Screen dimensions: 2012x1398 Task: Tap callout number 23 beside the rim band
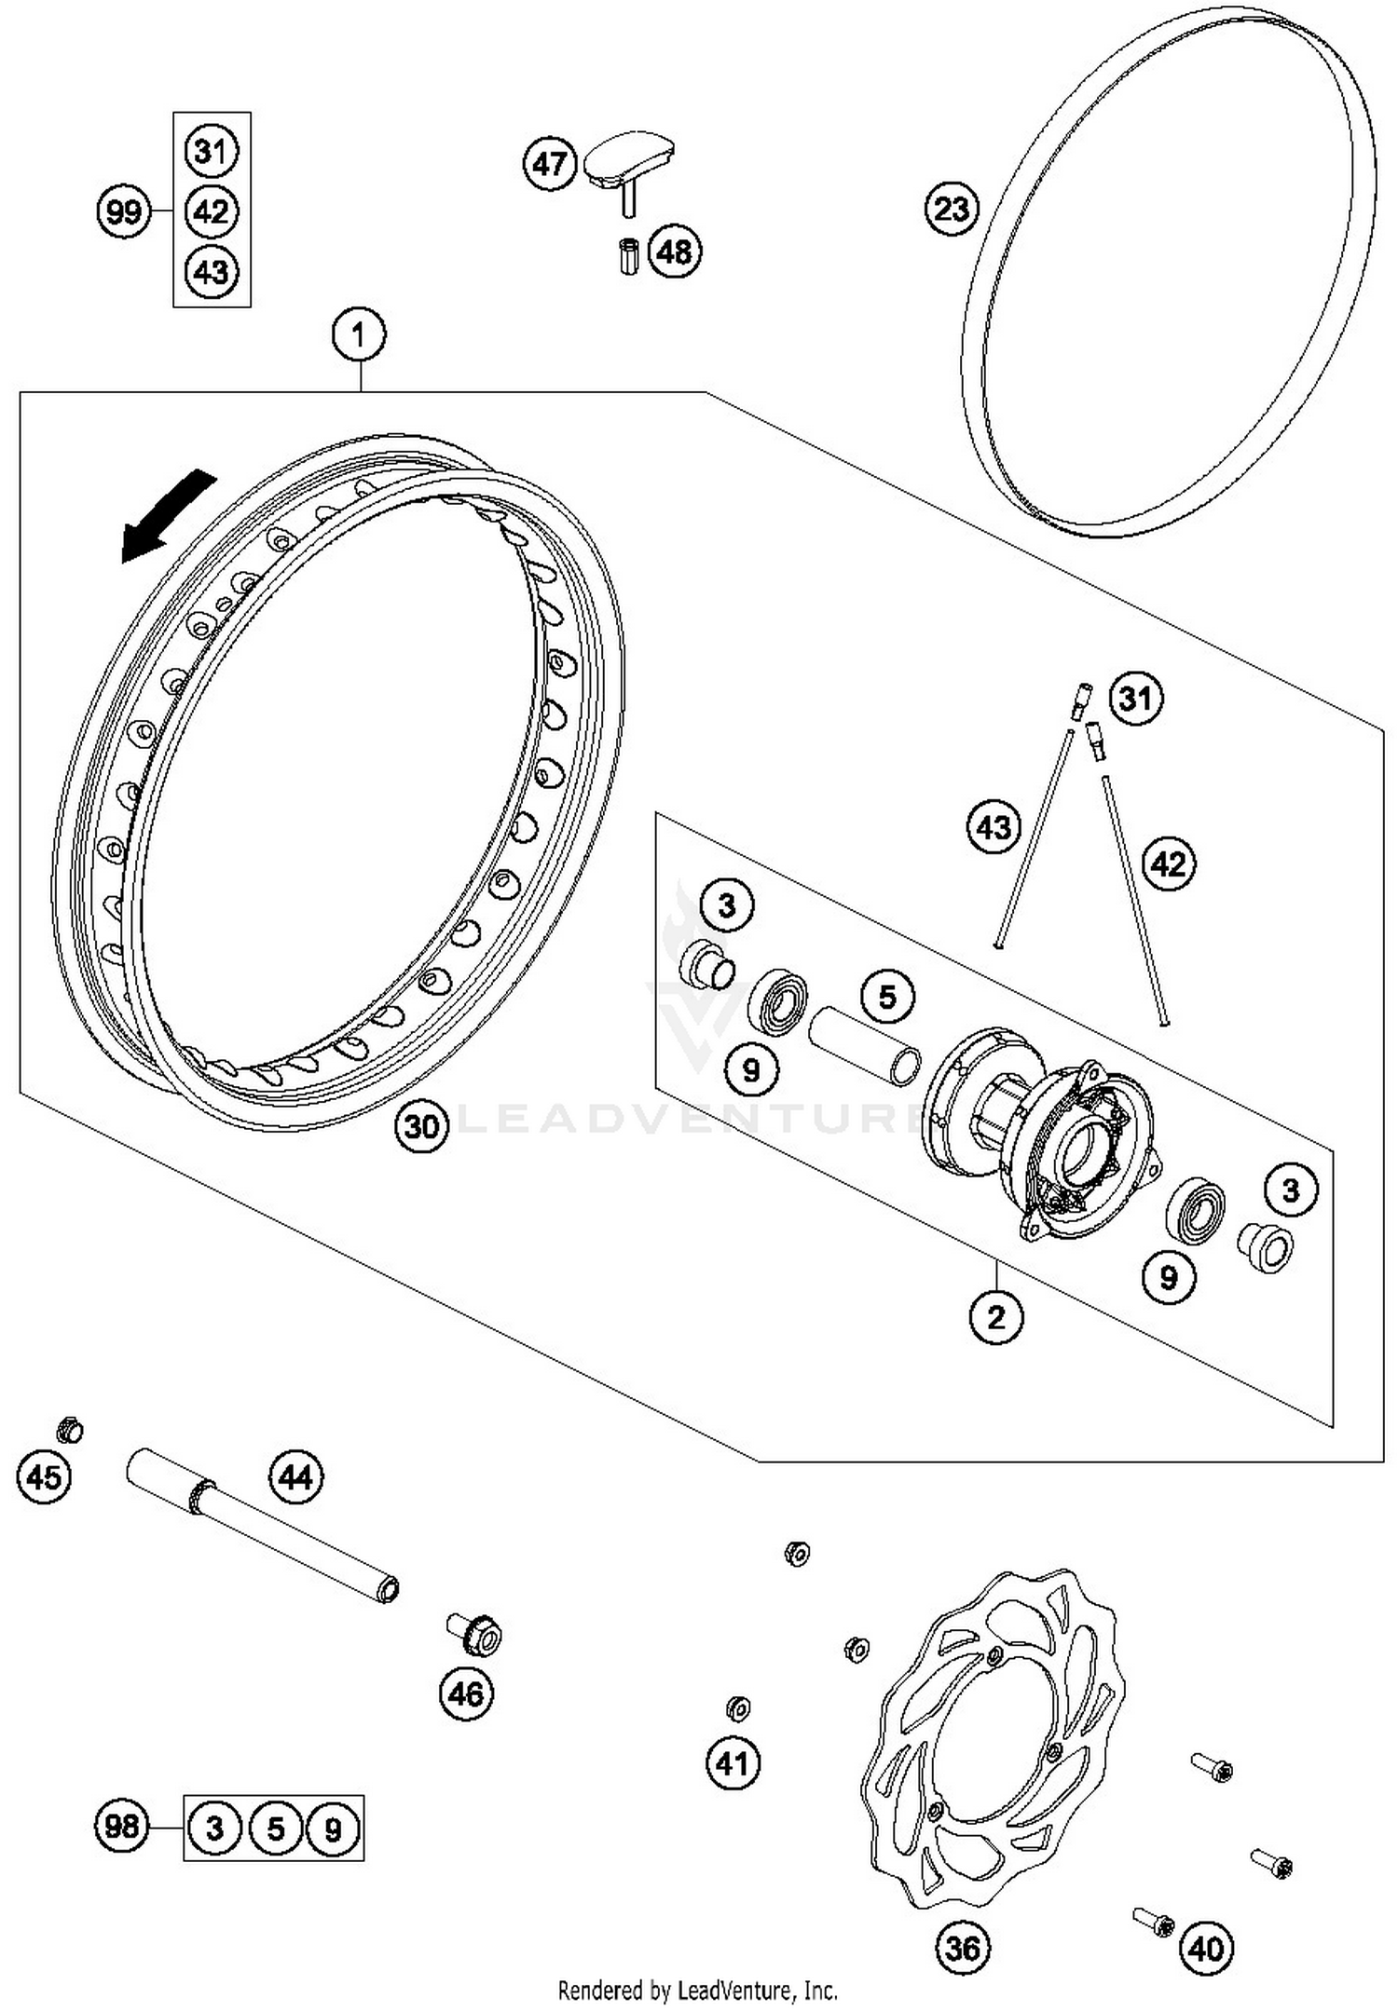point(952,209)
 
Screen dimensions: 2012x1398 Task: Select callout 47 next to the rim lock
point(549,165)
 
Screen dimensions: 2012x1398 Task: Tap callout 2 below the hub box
point(995,1317)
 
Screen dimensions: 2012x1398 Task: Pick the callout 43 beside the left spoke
point(994,827)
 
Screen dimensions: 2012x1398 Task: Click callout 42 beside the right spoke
point(1169,863)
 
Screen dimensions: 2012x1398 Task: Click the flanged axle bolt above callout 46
point(476,1633)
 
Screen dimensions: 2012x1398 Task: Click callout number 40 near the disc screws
point(1207,1947)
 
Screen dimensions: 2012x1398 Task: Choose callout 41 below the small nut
point(733,1763)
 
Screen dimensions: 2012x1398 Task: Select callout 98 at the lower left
point(122,1827)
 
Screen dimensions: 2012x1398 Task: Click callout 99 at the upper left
point(124,212)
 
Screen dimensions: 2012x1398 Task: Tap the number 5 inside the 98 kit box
point(275,1828)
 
